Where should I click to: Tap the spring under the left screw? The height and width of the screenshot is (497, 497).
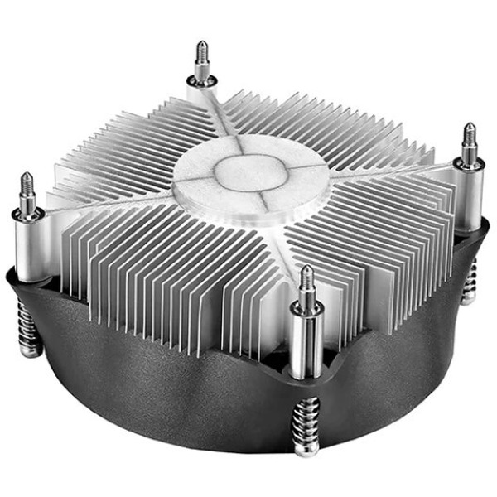click(28, 328)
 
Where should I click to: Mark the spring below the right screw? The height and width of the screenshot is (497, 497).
click(470, 277)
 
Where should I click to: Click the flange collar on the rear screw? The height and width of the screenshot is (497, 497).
click(201, 81)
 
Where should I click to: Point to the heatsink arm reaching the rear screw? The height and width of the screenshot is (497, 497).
click(214, 116)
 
